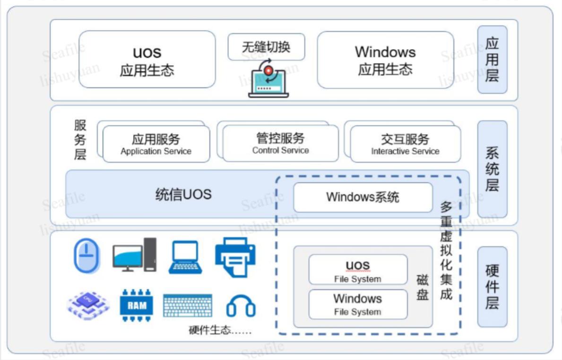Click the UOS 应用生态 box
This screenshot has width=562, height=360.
(x=147, y=60)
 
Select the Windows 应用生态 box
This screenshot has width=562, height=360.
(x=385, y=60)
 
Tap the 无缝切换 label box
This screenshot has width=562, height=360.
(x=266, y=47)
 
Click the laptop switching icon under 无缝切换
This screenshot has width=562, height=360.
(x=268, y=80)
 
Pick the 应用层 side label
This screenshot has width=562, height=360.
(x=492, y=60)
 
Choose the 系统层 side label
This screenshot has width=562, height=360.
(x=492, y=169)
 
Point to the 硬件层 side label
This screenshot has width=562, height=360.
(x=492, y=287)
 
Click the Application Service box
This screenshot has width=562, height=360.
(x=156, y=144)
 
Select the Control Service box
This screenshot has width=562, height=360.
(x=280, y=144)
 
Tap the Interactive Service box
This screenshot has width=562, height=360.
(x=405, y=144)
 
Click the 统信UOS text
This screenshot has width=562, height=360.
(x=183, y=194)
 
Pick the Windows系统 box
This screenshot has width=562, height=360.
(x=363, y=197)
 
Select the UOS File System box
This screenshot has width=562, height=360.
(x=358, y=270)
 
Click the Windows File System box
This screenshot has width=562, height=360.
(x=358, y=304)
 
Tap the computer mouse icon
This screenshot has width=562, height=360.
(x=87, y=256)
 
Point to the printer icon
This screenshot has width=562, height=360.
(x=235, y=256)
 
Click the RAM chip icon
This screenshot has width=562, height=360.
(x=137, y=305)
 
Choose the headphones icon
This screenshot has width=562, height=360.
(x=241, y=306)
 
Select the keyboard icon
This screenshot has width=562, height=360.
(x=188, y=306)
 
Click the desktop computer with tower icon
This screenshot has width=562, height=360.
(x=134, y=255)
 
